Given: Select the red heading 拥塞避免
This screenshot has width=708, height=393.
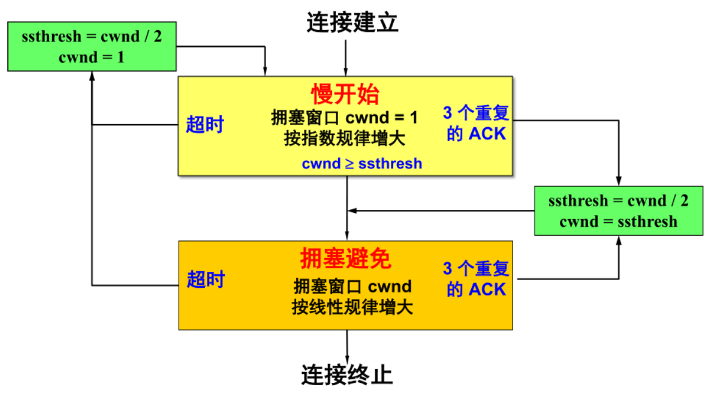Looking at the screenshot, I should [x=345, y=259].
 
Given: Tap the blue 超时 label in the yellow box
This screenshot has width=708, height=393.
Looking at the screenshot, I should [x=204, y=125].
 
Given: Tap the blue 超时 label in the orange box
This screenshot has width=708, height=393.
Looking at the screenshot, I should [x=205, y=279].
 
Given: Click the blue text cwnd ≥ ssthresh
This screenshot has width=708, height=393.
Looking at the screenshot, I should [x=361, y=163].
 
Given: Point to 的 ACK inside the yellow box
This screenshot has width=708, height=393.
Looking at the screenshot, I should [x=476, y=134].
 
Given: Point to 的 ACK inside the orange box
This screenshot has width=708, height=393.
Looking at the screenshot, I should [x=476, y=289].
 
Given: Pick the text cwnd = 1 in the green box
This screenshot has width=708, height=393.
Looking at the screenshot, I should [x=92, y=58].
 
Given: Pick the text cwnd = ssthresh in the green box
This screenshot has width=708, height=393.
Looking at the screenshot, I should [x=618, y=221].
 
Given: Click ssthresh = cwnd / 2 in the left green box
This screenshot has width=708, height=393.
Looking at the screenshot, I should [x=92, y=37].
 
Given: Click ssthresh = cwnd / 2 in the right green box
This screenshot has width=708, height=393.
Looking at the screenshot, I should [x=618, y=200].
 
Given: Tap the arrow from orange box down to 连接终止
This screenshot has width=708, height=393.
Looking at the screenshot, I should [x=347, y=344].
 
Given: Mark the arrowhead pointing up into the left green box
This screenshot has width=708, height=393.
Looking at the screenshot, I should [x=92, y=75].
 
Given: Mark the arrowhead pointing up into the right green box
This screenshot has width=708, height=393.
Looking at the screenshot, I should [x=619, y=239].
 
